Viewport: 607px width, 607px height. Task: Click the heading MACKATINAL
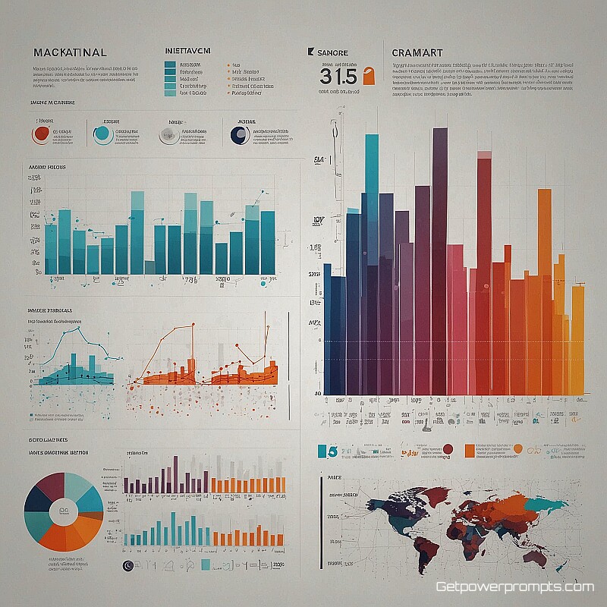pos(70,52)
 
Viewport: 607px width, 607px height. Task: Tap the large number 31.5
pos(338,77)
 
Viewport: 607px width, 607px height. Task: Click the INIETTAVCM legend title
pos(187,51)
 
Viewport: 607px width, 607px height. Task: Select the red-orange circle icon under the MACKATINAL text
pos(41,135)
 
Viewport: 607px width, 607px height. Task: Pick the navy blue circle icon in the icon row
pos(239,135)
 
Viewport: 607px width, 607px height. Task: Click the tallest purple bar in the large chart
pos(439,258)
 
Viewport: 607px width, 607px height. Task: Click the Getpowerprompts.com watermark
pos(514,587)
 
